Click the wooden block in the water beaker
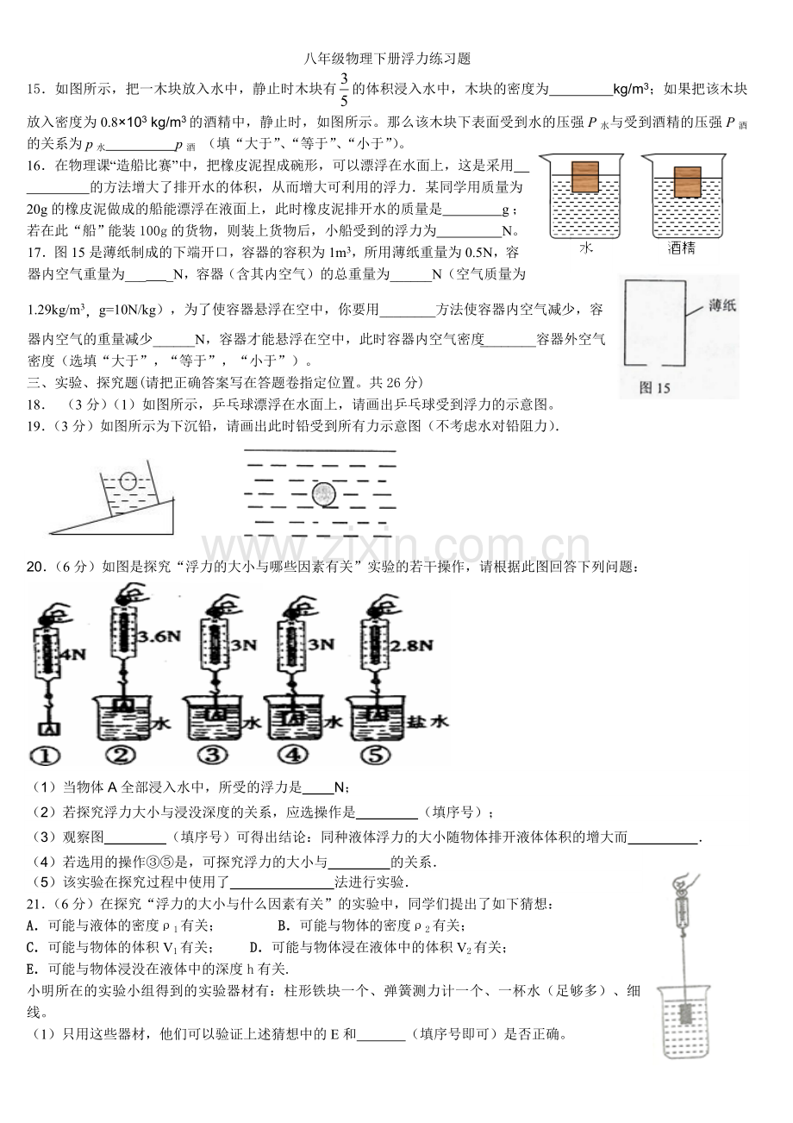click(584, 177)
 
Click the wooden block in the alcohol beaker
click(687, 182)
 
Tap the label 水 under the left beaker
click(585, 248)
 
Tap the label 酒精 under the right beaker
click(681, 248)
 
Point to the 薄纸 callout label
click(722, 305)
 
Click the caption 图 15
click(654, 387)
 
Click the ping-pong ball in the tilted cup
click(128, 481)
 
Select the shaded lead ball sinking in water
click(323, 495)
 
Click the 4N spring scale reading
click(72, 655)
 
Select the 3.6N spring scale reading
click(159, 637)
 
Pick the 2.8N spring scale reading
click(411, 645)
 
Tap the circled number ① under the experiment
click(45, 756)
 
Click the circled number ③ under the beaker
click(212, 755)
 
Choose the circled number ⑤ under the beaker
click(376, 755)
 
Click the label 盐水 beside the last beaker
click(428, 722)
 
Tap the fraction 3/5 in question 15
click(344, 90)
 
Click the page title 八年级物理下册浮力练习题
click(387, 59)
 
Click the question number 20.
click(35, 567)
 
